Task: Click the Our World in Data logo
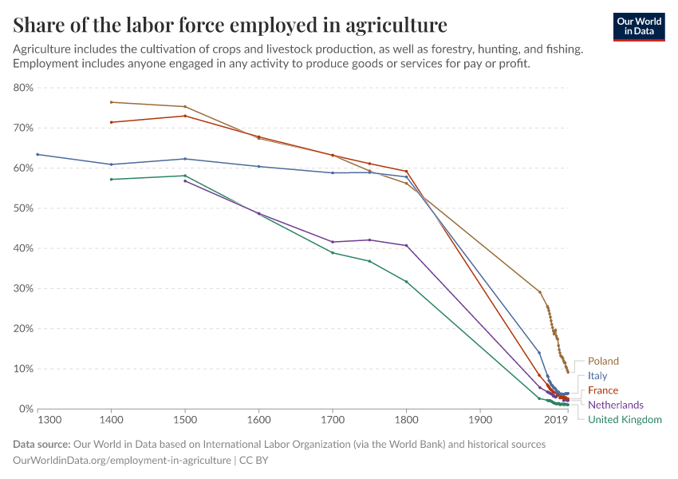(x=638, y=26)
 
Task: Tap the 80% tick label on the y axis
(x=22, y=88)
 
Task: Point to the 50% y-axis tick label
(x=22, y=208)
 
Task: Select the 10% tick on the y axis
(x=22, y=369)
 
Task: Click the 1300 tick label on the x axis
(x=49, y=420)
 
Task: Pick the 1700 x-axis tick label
(x=333, y=420)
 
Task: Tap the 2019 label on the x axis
(x=554, y=420)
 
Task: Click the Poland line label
(x=603, y=362)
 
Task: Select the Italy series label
(x=597, y=376)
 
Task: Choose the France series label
(x=603, y=390)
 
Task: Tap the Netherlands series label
(x=615, y=405)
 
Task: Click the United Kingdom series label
(x=624, y=419)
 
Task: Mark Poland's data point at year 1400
(x=112, y=102)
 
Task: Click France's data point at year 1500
(x=185, y=116)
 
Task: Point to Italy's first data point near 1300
(x=37, y=154)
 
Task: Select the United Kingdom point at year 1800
(x=407, y=282)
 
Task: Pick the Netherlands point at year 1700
(x=333, y=242)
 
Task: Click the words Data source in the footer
(x=41, y=444)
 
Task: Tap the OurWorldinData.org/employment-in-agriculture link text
(x=122, y=461)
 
